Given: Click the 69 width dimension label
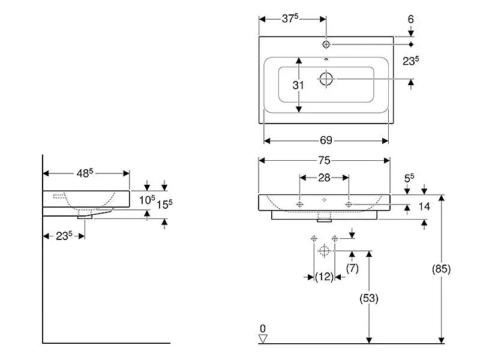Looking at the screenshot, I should [x=326, y=140].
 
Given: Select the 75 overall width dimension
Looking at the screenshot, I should [x=324, y=160].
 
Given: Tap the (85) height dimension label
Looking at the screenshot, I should [x=441, y=269].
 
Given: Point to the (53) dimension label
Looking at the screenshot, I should [x=369, y=298].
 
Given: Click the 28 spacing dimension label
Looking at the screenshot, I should [x=324, y=178].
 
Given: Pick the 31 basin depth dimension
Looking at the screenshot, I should [x=298, y=85].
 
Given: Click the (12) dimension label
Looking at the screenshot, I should [x=324, y=277].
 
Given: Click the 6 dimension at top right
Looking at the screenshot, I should [x=410, y=19].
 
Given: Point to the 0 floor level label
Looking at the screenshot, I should [x=262, y=328].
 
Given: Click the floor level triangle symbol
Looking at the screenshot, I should [x=262, y=339].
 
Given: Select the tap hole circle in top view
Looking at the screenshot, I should [x=326, y=44].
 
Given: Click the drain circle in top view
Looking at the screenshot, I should [x=326, y=79].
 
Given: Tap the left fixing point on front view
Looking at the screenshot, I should [x=300, y=204].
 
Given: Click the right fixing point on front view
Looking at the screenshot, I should [x=349, y=204].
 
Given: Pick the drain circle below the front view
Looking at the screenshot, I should [x=324, y=251].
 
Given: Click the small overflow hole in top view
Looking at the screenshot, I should [x=326, y=60].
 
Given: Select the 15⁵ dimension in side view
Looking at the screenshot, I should [x=164, y=203].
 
